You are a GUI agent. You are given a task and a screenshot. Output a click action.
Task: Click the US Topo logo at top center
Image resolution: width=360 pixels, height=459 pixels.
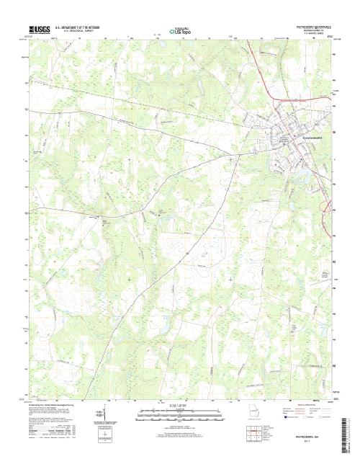point(182,31)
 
